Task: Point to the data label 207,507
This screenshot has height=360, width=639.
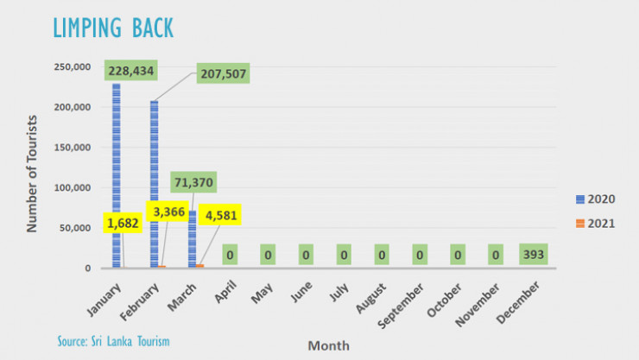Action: [x=224, y=73]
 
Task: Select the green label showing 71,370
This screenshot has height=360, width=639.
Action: [x=193, y=183]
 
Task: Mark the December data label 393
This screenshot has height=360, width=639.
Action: [x=534, y=255]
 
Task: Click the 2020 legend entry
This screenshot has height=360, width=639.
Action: [x=595, y=199]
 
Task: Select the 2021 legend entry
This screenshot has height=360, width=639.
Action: [x=595, y=224]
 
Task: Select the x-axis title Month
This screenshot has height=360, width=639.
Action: [x=328, y=345]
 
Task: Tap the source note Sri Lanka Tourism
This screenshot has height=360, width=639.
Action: [x=113, y=341]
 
